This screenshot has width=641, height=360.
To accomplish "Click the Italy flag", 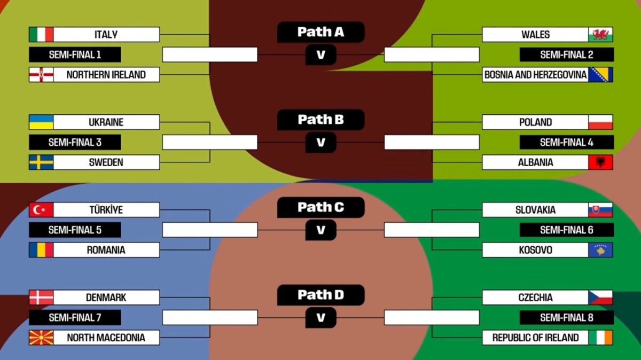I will tap(41, 35).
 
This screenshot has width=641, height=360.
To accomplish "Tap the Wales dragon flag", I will tap(600, 35).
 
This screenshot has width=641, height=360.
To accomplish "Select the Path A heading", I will tap(320, 32).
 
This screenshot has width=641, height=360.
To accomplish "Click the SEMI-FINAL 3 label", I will tap(75, 143).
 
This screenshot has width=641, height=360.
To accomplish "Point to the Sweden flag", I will tap(41, 162).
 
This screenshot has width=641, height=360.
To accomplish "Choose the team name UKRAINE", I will tap(106, 122).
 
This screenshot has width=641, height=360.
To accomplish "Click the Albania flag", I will tap(600, 162).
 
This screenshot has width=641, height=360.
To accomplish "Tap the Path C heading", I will tap(320, 207).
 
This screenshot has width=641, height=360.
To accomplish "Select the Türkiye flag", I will tap(41, 210).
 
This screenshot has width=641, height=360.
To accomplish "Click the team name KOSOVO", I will tap(535, 250).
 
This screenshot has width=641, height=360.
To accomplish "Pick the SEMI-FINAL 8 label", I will tap(566, 318).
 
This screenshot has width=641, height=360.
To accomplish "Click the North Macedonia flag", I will tap(41, 338).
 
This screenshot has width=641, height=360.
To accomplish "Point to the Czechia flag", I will tap(600, 298).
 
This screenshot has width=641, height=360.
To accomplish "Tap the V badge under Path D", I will tap(320, 318).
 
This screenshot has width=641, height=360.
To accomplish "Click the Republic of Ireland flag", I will tap(600, 338).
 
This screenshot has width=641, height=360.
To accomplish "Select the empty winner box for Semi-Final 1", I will tap(210, 54).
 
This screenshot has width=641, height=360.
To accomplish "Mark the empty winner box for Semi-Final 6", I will tap(432, 230).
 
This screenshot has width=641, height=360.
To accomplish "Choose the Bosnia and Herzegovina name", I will tap(535, 75).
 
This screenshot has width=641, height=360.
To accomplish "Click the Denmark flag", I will tap(41, 298).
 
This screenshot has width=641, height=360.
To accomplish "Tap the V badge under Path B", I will tap(320, 143).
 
